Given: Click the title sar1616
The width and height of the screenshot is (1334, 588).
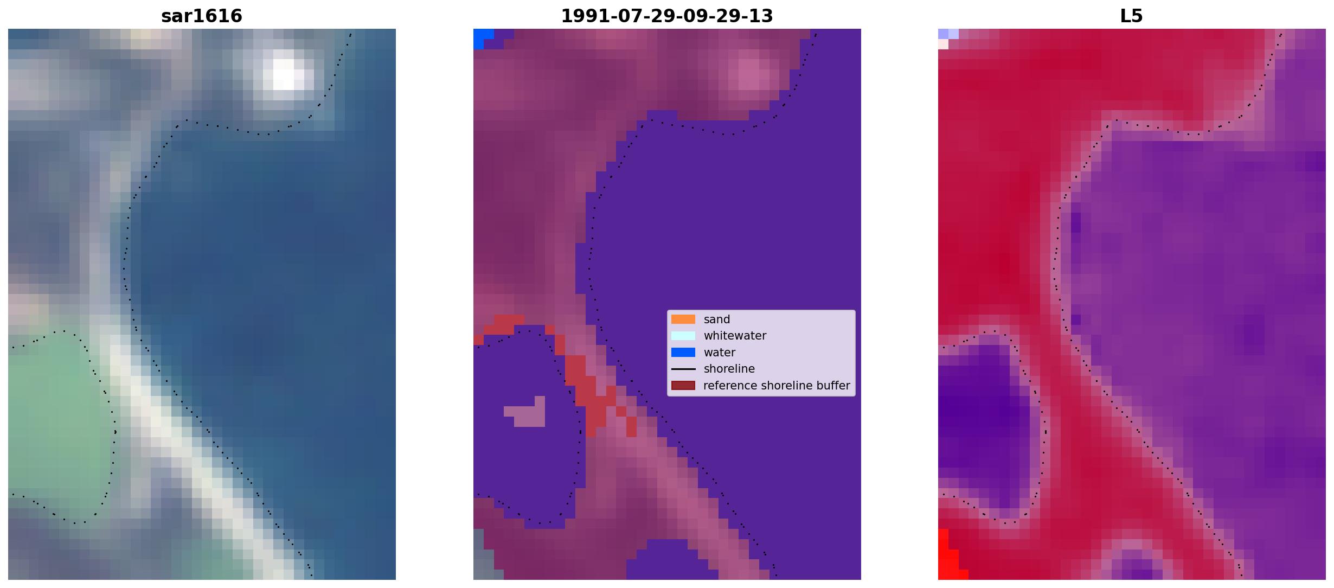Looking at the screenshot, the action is pos(202,16).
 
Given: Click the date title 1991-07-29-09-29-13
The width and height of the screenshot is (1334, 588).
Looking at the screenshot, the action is pos(667,16).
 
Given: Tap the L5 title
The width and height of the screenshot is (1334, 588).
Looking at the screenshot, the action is pos(1132,16).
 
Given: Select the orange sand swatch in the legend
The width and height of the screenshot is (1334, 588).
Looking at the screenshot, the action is pos(683,319).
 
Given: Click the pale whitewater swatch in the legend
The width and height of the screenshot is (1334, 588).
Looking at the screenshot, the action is pos(683,336).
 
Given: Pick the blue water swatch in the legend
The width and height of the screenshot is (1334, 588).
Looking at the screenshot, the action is pos(683,353).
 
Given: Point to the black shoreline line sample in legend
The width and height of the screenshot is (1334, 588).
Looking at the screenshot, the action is pos(683,369).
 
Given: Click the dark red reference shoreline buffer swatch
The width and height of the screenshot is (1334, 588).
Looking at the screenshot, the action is pos(683,386).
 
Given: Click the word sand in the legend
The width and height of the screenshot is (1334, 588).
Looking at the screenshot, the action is pos(717,319).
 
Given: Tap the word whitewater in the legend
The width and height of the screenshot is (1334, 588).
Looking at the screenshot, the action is pos(735,336).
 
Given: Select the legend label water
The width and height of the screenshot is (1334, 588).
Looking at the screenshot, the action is pos(720,353).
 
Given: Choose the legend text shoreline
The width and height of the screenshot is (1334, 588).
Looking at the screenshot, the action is pos(729,369).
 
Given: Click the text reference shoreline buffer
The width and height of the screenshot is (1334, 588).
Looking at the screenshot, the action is pos(777,386).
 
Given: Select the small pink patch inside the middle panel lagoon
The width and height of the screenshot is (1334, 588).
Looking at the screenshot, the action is pos(525,412).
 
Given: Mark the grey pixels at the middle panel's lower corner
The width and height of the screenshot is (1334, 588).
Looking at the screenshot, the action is pos(484,556).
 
